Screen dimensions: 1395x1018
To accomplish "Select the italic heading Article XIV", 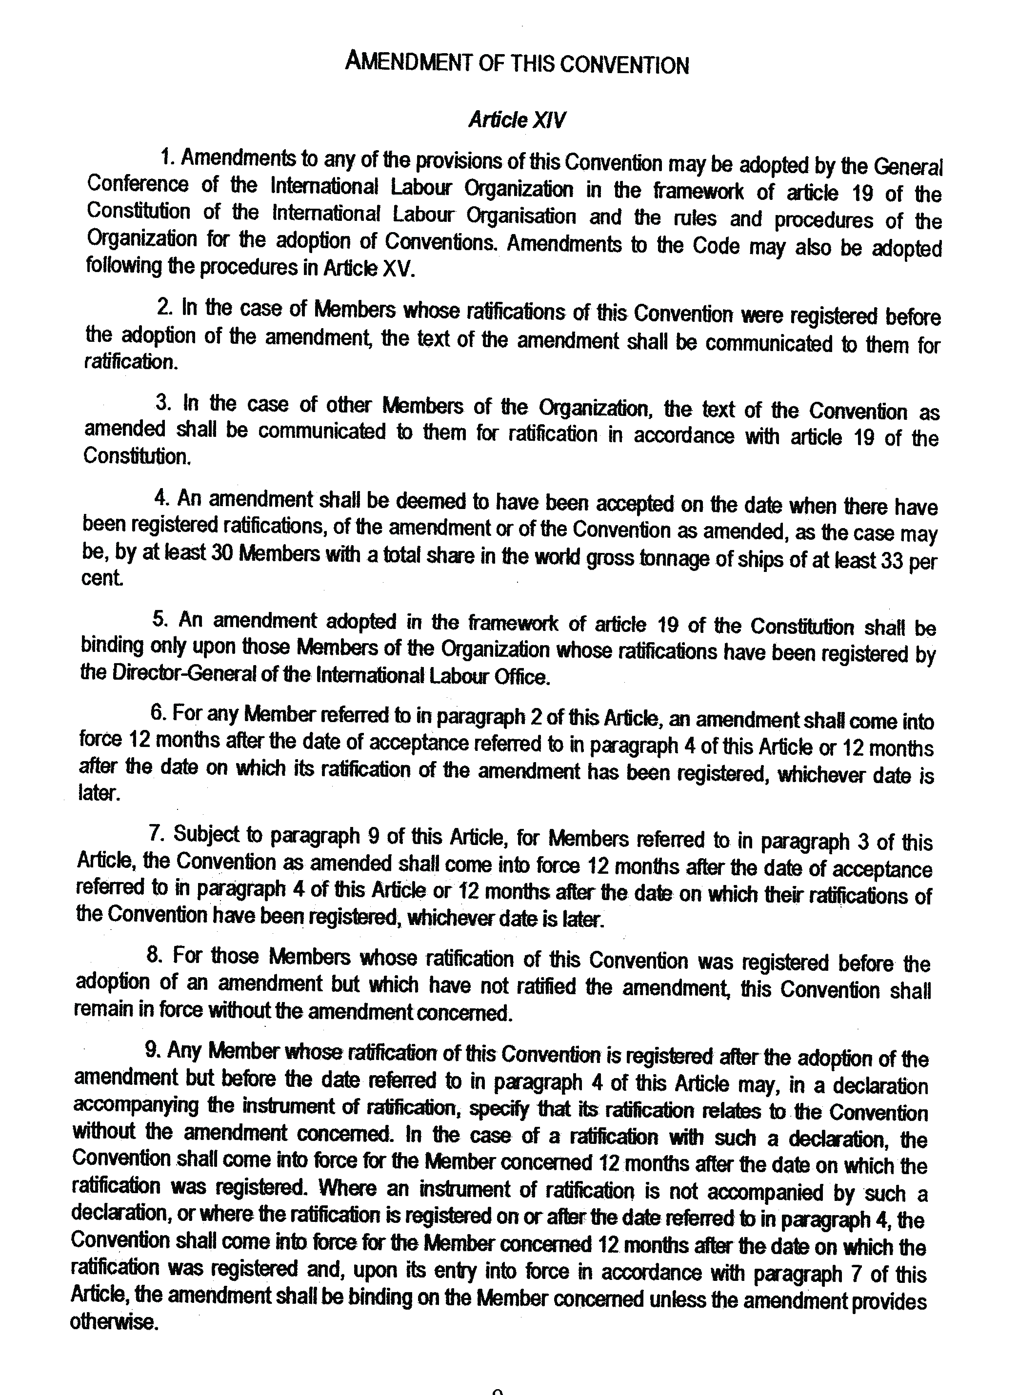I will pyautogui.click(x=517, y=119).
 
